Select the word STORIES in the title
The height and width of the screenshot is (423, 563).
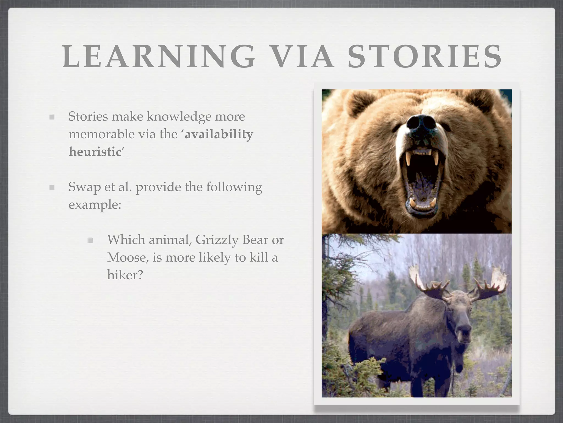pos(425,57)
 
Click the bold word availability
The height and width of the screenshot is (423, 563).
pos(219,134)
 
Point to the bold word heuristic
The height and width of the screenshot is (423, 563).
pos(95,152)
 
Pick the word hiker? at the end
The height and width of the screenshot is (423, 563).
pos(125,275)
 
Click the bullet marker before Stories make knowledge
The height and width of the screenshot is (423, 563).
pos(52,117)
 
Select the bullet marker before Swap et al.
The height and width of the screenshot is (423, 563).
pos(52,188)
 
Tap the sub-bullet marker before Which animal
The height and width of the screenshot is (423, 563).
pos(90,240)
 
